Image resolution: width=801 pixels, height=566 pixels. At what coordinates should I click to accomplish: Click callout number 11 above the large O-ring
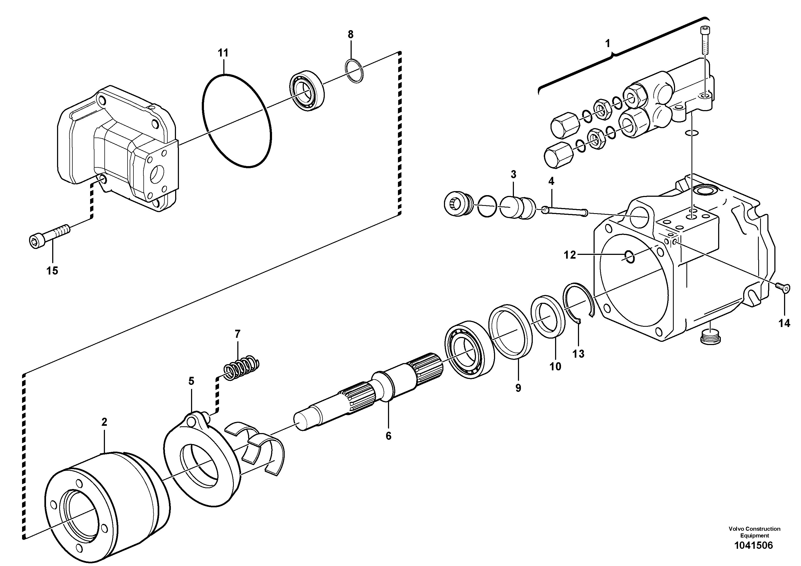[223, 53]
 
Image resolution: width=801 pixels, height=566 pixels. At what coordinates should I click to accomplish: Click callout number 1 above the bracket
[608, 44]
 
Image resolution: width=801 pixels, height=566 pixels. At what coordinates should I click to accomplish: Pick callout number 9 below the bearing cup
[518, 388]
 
